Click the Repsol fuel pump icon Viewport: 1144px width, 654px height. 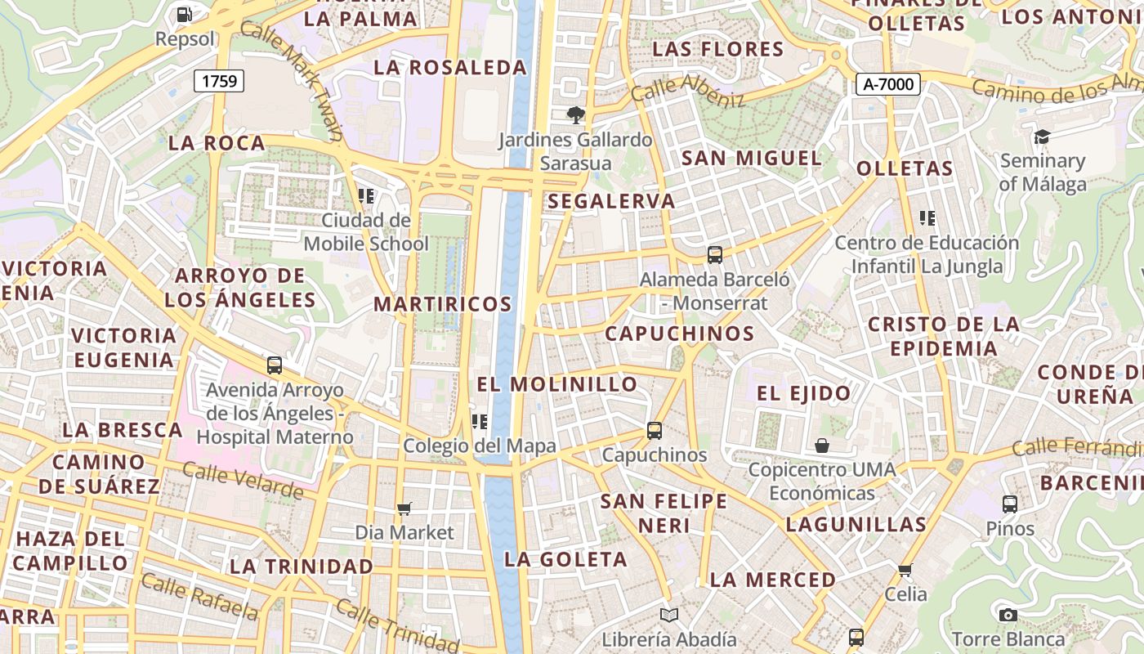(185, 14)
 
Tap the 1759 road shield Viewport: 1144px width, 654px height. (219, 80)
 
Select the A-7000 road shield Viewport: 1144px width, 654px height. (889, 83)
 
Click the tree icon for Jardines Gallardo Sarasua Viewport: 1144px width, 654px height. (576, 115)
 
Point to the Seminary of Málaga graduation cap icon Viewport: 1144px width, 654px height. (1042, 137)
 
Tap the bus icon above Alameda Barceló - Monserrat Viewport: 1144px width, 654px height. (715, 255)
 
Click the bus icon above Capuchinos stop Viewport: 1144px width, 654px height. (654, 430)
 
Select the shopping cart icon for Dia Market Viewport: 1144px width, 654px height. (404, 508)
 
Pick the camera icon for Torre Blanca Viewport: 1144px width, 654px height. (1008, 615)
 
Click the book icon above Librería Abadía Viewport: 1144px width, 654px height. (669, 615)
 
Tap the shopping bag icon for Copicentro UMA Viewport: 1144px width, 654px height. (822, 446)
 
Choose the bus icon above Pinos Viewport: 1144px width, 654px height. (1010, 504)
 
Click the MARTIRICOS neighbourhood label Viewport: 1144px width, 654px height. (442, 304)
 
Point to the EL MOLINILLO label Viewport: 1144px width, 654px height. (556, 383)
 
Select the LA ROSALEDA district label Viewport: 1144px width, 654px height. (450, 68)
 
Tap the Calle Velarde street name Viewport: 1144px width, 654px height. (242, 481)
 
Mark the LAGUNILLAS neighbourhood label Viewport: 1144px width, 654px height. (856, 524)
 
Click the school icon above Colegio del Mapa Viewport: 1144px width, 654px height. (480, 422)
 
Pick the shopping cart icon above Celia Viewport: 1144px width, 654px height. (905, 570)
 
